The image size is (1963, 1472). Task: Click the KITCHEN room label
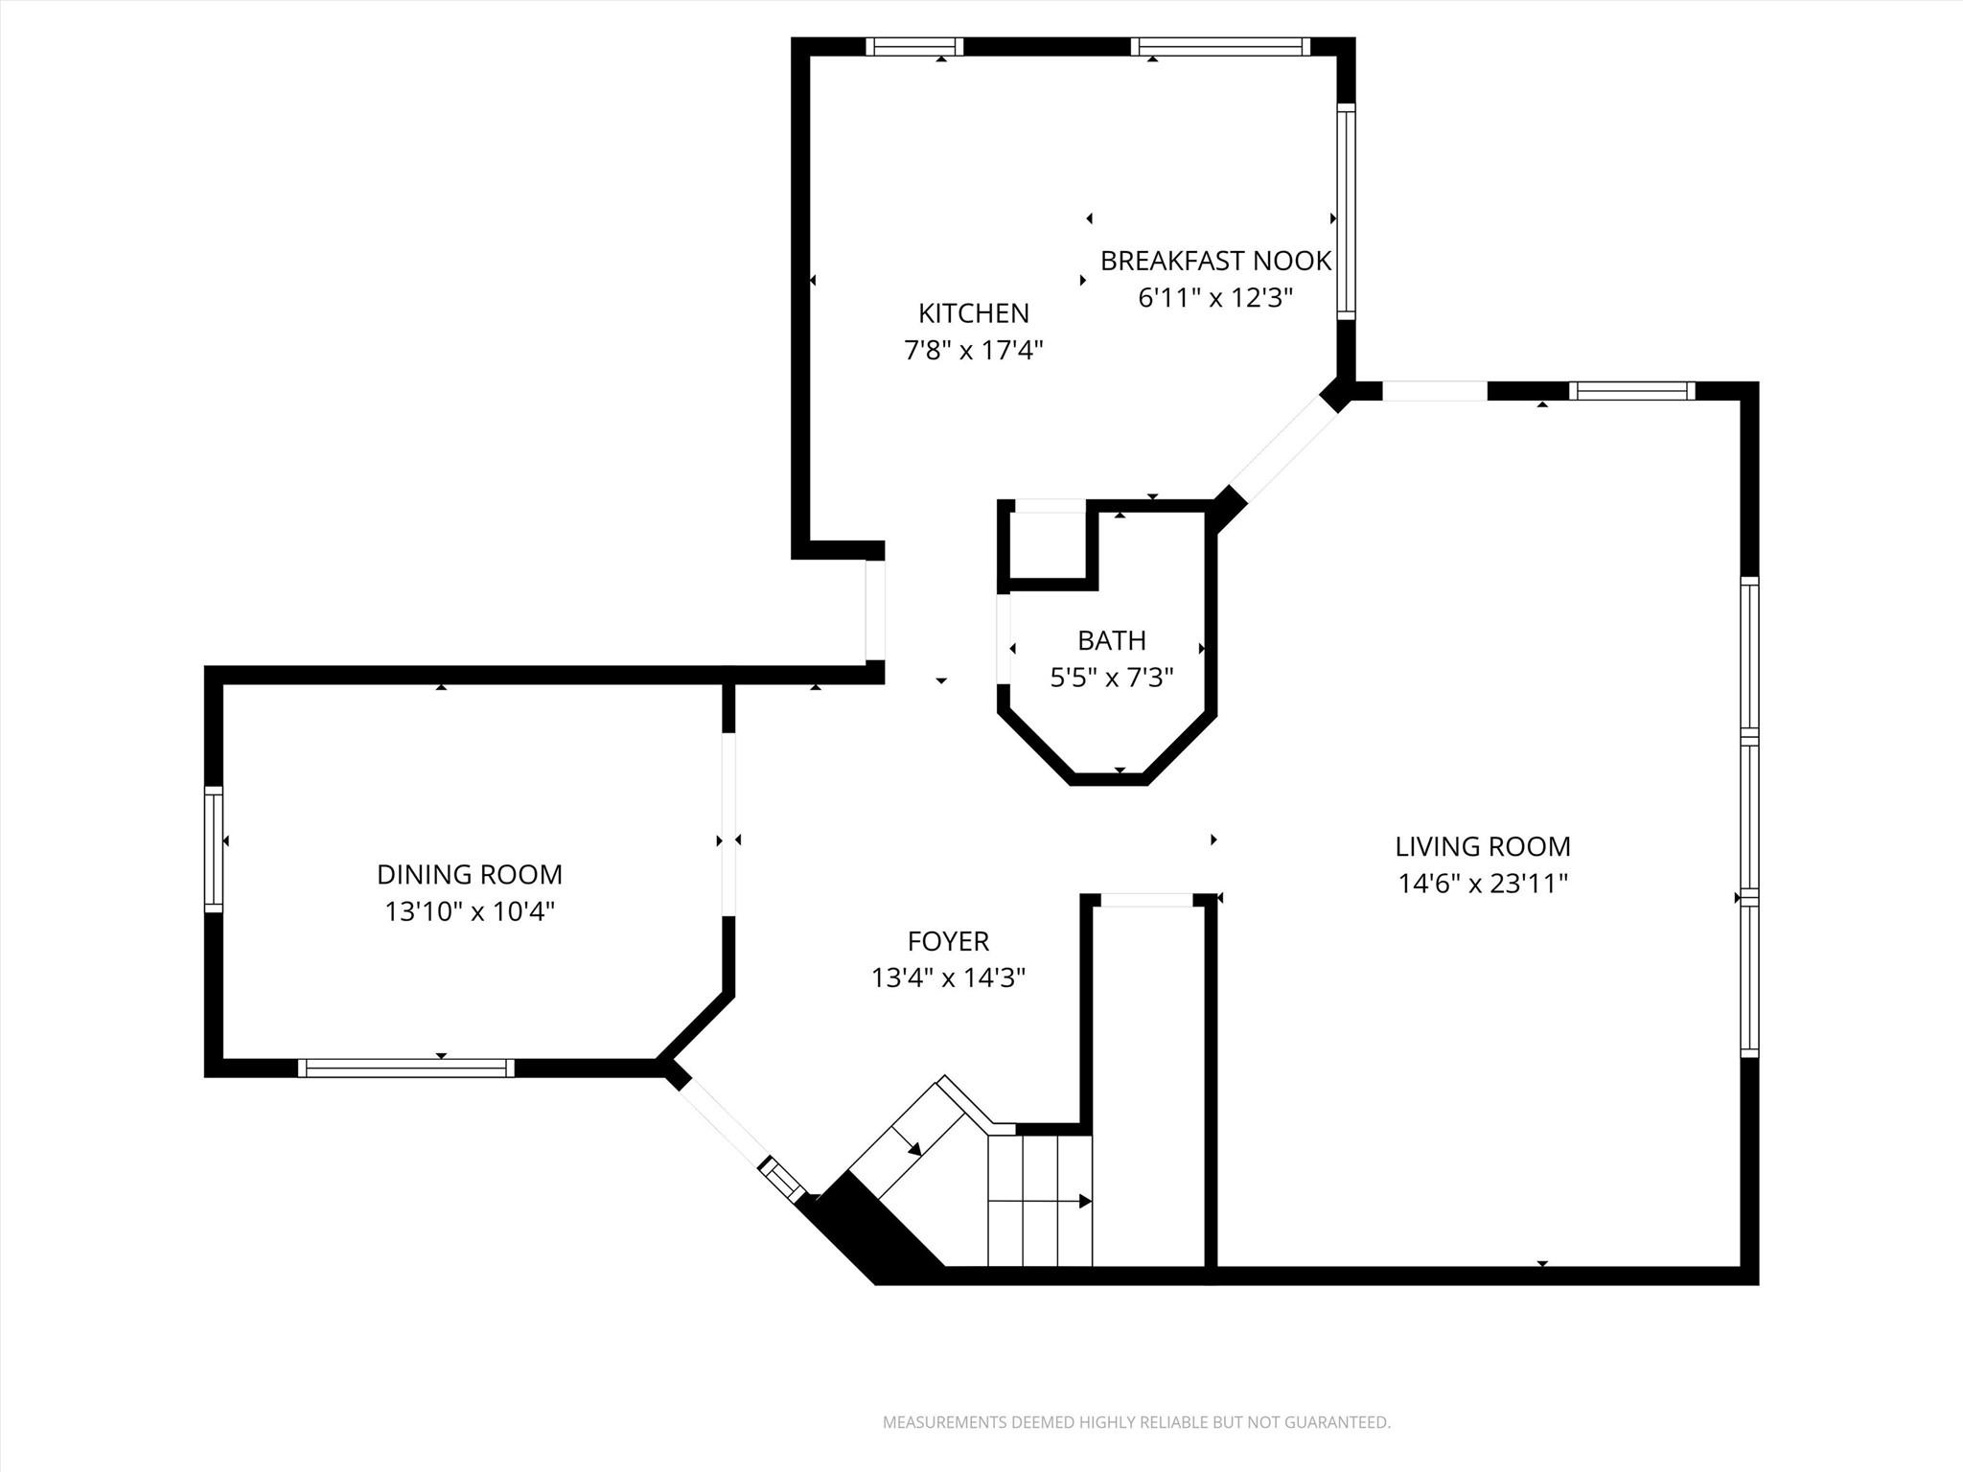(973, 313)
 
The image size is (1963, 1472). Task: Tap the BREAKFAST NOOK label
(1214, 261)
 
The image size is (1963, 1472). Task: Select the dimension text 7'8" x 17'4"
(973, 350)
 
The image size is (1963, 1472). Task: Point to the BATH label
(1111, 640)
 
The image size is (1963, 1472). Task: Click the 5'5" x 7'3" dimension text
(1111, 678)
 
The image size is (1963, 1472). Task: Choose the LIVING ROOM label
(1482, 846)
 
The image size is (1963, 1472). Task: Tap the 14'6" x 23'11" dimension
(1482, 883)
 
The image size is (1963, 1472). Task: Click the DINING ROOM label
(469, 874)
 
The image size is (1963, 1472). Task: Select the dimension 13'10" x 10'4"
(469, 910)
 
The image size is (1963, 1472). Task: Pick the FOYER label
(948, 941)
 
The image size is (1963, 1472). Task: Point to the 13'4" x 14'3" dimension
(948, 977)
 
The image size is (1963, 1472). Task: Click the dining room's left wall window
(214, 849)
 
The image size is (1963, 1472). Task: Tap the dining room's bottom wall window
(405, 1068)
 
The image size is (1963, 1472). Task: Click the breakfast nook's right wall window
(1346, 212)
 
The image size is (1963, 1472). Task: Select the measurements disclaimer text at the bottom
(1136, 1422)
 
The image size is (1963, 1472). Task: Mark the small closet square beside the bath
(1048, 545)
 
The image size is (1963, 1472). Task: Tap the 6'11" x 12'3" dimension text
(1214, 298)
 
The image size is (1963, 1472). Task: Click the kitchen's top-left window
(913, 47)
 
